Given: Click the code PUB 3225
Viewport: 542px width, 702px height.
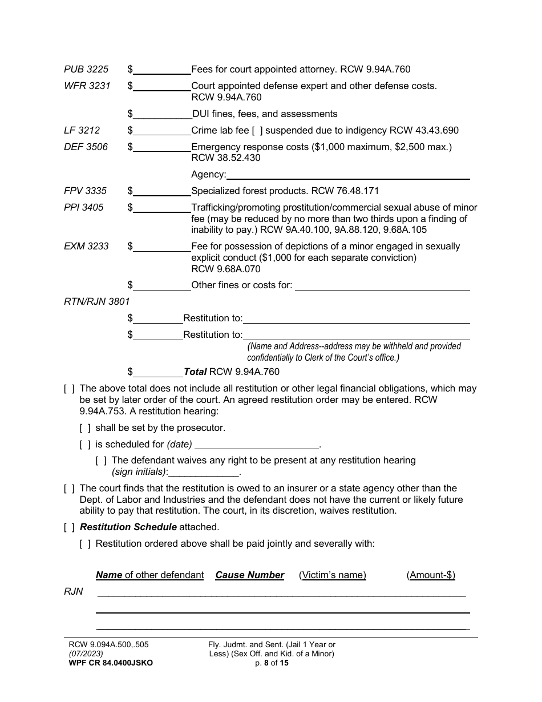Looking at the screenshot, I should (86, 70).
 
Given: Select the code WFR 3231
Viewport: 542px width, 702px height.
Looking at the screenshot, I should (87, 86).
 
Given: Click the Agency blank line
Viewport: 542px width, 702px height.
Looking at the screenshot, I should (348, 175).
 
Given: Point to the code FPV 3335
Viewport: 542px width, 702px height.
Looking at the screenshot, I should (85, 191).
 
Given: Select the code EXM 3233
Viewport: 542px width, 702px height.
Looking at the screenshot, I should (86, 247).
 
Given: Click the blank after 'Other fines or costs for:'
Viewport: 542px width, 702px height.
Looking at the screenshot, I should (382, 285).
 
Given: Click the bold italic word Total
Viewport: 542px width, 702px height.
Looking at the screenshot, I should (195, 372).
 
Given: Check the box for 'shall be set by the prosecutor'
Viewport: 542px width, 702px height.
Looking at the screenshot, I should (85, 428).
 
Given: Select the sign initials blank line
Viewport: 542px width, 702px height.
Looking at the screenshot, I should (204, 473).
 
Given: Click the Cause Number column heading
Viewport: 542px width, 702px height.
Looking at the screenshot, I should (249, 575).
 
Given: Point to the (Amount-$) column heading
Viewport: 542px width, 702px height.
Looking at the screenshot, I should (431, 575).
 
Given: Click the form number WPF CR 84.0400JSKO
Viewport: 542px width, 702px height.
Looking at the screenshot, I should (110, 663).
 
